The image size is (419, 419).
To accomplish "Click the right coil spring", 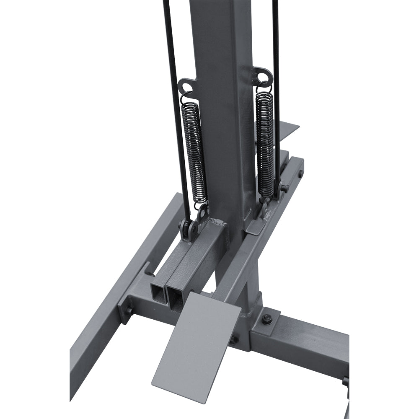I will (x=265, y=142).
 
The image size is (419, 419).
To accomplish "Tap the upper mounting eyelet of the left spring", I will (x=186, y=87).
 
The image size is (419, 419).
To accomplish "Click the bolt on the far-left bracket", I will (x=128, y=310).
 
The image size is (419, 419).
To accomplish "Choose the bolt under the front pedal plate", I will (x=233, y=340).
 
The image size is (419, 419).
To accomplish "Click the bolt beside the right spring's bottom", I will (x=284, y=187).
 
